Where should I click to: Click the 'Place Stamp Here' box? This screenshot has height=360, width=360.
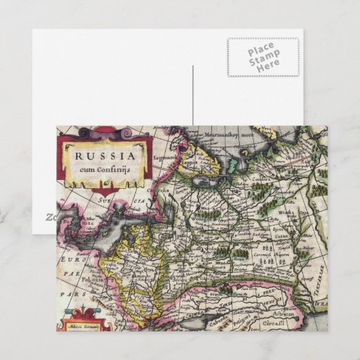(x=262, y=57)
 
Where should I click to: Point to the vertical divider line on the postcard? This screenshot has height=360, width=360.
(x=193, y=95)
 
